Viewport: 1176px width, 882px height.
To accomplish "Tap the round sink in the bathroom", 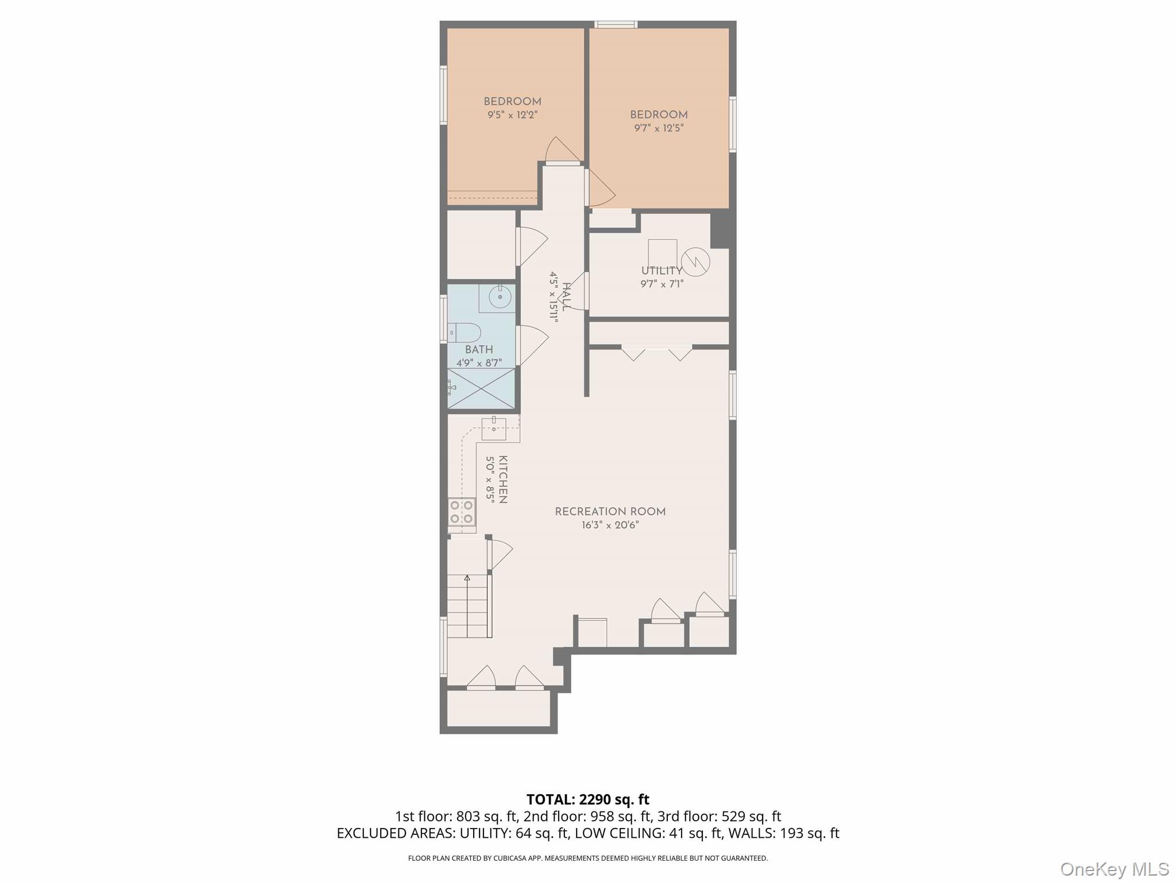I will click(x=500, y=297).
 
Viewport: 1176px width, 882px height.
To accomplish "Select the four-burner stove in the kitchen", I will click(x=462, y=512).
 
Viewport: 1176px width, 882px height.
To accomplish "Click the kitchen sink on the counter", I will click(x=494, y=428).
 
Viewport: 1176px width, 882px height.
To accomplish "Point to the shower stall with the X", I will click(x=481, y=389).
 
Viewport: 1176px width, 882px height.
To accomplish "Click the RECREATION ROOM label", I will click(x=610, y=512).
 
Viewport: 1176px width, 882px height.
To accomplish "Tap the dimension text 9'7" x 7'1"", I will click(x=661, y=284).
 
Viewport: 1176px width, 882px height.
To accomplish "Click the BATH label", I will click(x=479, y=350).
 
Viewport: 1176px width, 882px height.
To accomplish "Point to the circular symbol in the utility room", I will click(x=695, y=262).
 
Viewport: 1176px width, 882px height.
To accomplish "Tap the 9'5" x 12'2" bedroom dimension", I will click(x=512, y=115).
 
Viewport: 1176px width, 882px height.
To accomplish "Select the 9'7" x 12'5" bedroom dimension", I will click(x=659, y=128).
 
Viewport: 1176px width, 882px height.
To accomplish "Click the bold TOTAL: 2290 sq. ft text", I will click(x=587, y=799).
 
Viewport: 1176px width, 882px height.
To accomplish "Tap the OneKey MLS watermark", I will click(x=1114, y=869).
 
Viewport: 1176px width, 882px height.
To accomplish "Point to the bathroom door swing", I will click(x=531, y=345).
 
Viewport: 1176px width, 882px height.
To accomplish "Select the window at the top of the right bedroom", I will click(x=616, y=24).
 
